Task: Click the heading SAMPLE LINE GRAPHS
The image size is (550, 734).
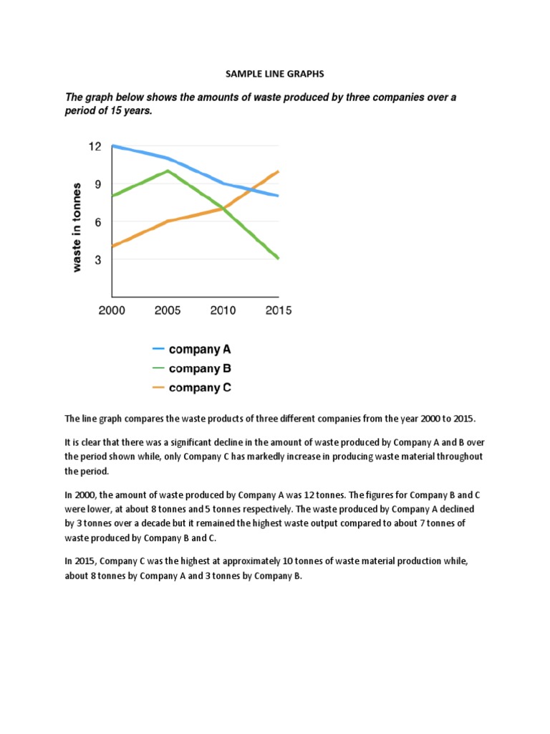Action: (x=274, y=73)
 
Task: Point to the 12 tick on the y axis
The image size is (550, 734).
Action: (x=95, y=146)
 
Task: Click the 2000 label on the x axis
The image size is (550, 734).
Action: (x=112, y=311)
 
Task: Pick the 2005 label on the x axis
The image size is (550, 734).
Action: (x=167, y=311)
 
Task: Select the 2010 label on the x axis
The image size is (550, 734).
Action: (x=222, y=311)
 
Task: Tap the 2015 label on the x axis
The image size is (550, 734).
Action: (x=277, y=311)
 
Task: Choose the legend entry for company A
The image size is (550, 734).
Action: (x=199, y=350)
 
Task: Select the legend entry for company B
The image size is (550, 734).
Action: (x=199, y=369)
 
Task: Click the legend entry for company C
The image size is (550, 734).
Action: (x=199, y=389)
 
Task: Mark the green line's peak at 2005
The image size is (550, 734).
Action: (x=168, y=171)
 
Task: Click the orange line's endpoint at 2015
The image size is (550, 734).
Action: (x=278, y=171)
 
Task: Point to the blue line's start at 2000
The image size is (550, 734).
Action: (x=112, y=146)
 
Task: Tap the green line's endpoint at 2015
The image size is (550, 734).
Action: (x=278, y=259)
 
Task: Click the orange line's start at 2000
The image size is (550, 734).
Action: (x=112, y=247)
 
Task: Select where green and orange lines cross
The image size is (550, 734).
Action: (x=223, y=209)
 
